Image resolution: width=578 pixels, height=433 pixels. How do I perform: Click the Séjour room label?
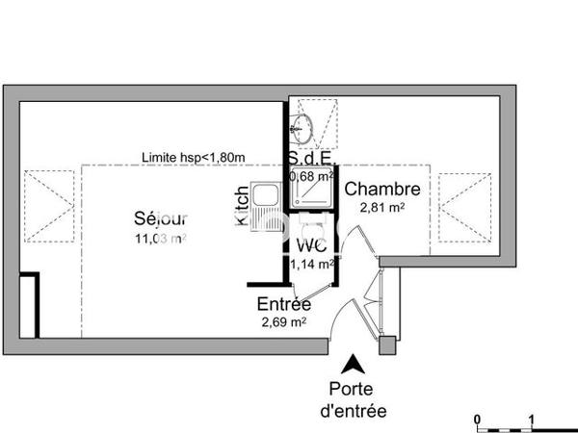tap(161, 216)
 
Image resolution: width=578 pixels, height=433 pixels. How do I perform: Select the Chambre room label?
tap(382, 189)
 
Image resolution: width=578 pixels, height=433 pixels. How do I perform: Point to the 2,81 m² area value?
tap(382, 207)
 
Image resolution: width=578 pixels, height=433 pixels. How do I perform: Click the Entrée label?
tap(283, 304)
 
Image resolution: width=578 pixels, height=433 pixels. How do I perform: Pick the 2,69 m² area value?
tap(283, 322)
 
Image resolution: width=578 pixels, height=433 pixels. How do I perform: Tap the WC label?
tap(308, 244)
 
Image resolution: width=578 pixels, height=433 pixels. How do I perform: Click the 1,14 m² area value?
tap(311, 262)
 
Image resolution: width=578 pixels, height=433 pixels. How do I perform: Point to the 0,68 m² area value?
tap(311, 175)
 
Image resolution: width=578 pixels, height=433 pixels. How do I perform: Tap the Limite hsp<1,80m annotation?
tap(194, 158)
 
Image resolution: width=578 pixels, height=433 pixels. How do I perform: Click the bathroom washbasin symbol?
tap(303, 123)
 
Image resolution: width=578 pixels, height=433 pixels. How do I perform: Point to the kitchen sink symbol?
tap(264, 198)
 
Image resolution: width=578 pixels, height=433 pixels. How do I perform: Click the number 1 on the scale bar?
tap(533, 419)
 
